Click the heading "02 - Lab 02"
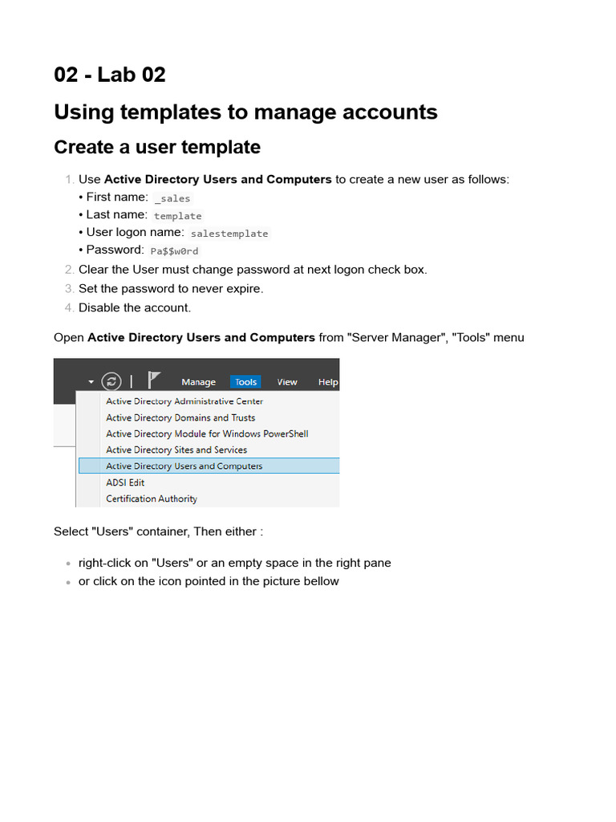click(110, 75)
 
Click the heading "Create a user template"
click(157, 147)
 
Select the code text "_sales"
click(172, 198)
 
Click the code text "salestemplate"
click(229, 234)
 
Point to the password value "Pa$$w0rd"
click(174, 251)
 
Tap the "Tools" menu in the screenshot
click(245, 382)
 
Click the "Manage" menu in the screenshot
click(198, 382)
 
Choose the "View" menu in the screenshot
click(287, 382)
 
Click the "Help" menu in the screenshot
click(328, 382)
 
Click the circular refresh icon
click(111, 381)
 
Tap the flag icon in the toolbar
click(155, 380)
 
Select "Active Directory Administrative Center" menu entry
click(184, 401)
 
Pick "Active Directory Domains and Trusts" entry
click(180, 417)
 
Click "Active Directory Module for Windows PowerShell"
click(207, 433)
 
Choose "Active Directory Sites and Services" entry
click(176, 450)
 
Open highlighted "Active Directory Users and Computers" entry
click(184, 466)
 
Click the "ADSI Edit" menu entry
click(125, 482)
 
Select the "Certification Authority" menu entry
click(152, 498)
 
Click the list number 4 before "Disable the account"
click(70, 307)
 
